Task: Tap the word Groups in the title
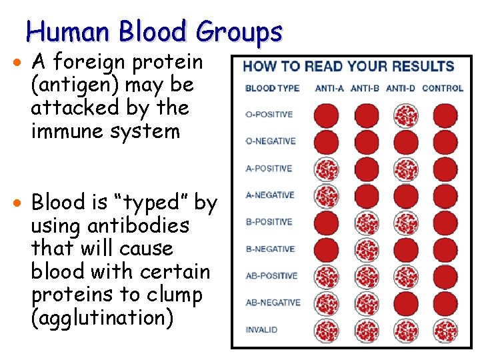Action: pyautogui.click(x=238, y=31)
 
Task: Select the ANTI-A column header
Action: pyautogui.click(x=329, y=88)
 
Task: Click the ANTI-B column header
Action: pyautogui.click(x=365, y=88)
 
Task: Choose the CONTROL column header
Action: pyautogui.click(x=443, y=88)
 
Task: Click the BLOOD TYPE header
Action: pyautogui.click(x=272, y=88)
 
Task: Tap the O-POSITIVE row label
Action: pyautogui.click(x=269, y=115)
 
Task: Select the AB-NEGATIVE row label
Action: pyautogui.click(x=273, y=303)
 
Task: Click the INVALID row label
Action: pyautogui.click(x=261, y=329)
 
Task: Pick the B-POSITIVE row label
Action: pyautogui.click(x=269, y=222)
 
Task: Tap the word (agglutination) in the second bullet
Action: pyautogui.click(x=102, y=318)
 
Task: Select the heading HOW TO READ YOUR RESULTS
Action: pyautogui.click(x=348, y=67)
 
